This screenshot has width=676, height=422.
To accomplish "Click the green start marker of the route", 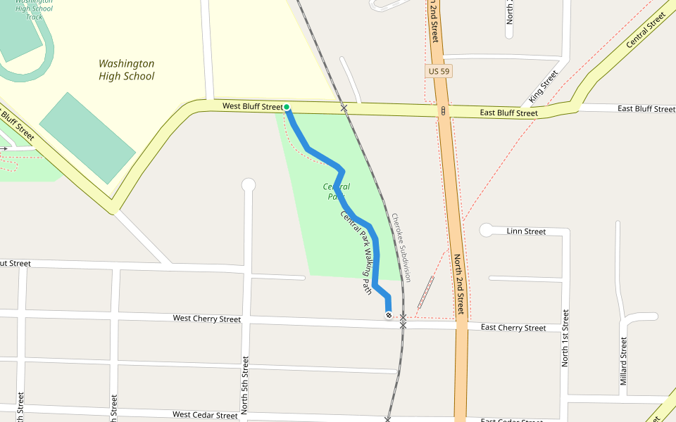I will point(287,107).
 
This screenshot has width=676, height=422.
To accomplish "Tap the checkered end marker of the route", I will point(388,316).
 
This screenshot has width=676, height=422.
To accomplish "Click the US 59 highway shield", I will point(438,71).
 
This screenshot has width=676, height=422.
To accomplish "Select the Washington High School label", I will point(126,70).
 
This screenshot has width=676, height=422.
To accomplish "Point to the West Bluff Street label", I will point(252,106).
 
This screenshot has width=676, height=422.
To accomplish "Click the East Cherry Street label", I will point(513,328).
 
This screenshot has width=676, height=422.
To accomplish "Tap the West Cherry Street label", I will point(207,319).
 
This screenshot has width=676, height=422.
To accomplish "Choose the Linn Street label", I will point(526,231).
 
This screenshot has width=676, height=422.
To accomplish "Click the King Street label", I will point(543,86).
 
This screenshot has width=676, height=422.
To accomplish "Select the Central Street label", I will point(646,30).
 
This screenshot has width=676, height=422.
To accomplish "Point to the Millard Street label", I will point(623,361).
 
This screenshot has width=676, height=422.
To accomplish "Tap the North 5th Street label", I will point(245,385).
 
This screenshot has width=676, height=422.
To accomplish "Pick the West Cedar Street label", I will point(205,415).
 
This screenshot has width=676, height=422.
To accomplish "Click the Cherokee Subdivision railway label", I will point(401,248).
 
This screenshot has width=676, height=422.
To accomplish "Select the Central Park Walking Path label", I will point(356,252).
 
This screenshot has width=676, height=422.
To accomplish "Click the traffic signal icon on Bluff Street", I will point(443,110).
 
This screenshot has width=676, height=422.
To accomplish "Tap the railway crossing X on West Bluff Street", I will point(344,108).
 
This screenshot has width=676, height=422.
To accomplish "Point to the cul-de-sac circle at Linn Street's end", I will point(486,230).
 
